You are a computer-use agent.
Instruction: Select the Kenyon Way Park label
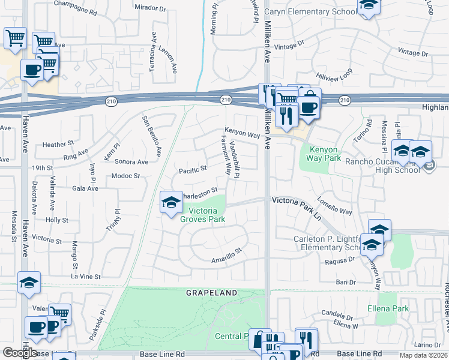(x=324, y=154)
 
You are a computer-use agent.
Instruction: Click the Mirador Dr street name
(x=150, y=8)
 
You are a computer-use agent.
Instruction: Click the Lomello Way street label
(x=334, y=207)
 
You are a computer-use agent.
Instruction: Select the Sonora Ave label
(x=131, y=162)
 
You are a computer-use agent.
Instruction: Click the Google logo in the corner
(x=20, y=353)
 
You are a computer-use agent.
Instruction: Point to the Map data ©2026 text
(x=423, y=355)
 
